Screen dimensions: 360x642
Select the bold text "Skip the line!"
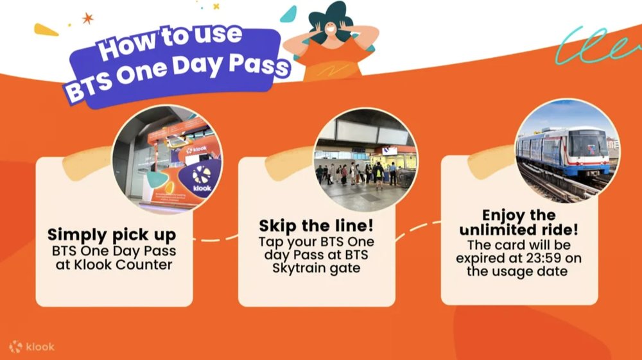pos(316,225)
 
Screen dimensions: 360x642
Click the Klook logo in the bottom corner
pos(32,347)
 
